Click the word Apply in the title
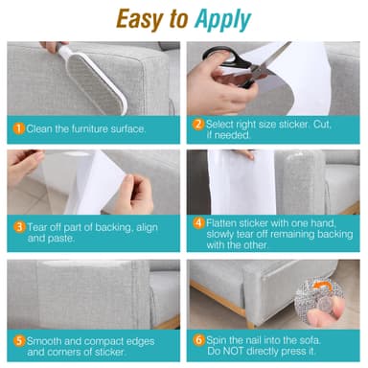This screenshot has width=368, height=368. (x=224, y=19)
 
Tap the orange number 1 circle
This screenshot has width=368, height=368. (x=17, y=127)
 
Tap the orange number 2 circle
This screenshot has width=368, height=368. (x=197, y=124)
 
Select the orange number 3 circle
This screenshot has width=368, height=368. (x=17, y=228)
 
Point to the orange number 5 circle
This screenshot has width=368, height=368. (x=17, y=338)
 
